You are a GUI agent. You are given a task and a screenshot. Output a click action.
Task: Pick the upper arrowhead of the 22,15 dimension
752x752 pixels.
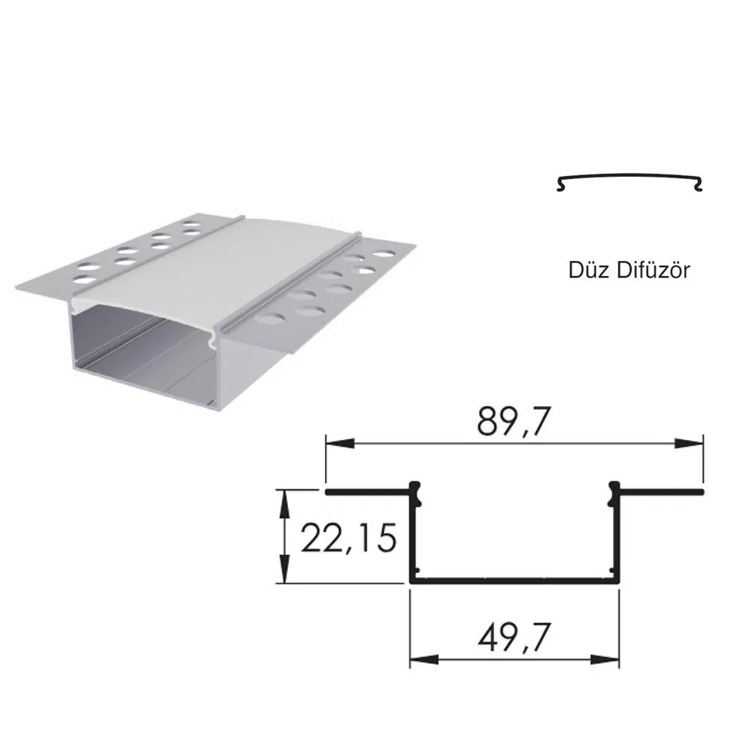(284, 500)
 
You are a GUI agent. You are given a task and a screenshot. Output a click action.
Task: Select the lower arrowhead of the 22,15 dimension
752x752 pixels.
(284, 573)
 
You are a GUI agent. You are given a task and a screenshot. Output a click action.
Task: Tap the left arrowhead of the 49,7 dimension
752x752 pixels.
(421, 660)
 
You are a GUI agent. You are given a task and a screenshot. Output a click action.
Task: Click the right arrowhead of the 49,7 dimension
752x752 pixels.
(609, 660)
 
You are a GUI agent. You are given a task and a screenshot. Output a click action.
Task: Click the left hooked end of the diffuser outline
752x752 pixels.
(560, 184)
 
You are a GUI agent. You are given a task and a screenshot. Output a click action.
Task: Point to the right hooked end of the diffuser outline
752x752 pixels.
(699, 184)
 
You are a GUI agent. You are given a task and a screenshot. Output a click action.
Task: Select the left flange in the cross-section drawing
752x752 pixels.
(368, 493)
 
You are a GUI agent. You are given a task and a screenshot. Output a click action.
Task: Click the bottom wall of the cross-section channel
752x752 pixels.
(514, 581)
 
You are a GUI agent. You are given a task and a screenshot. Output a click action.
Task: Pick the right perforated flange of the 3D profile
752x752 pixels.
(331, 293)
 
